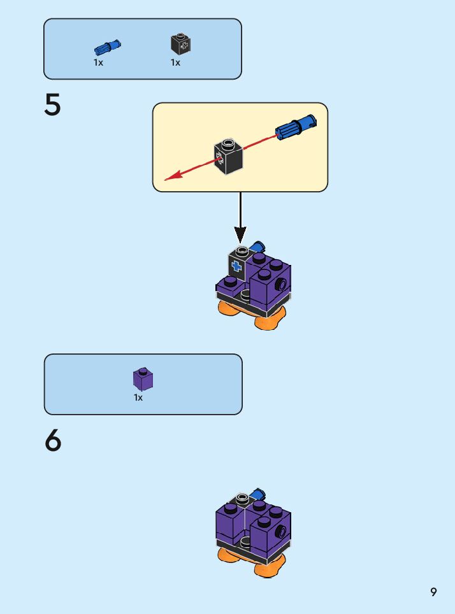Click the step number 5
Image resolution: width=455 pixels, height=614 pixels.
[53, 106]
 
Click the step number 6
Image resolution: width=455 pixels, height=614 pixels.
[54, 441]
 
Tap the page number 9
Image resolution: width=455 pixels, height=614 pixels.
[433, 592]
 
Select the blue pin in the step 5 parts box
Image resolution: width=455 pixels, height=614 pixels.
[108, 46]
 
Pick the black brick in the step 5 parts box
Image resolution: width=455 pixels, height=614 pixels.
[181, 43]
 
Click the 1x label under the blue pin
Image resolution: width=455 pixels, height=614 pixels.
[99, 62]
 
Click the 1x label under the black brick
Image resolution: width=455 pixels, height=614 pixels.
[175, 62]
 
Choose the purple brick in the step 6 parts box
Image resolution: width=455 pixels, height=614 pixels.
[143, 379]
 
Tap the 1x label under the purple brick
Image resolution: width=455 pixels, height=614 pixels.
[138, 397]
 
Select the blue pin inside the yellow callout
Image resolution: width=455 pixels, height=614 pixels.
[295, 127]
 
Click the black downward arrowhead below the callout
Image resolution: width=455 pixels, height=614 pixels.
[240, 234]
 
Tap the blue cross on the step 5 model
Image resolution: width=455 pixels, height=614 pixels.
[237, 266]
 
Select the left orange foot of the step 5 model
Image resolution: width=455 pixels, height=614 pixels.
[230, 308]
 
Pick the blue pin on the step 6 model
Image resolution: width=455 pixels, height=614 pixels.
[258, 494]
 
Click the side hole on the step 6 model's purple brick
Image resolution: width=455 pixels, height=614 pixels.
[280, 531]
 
